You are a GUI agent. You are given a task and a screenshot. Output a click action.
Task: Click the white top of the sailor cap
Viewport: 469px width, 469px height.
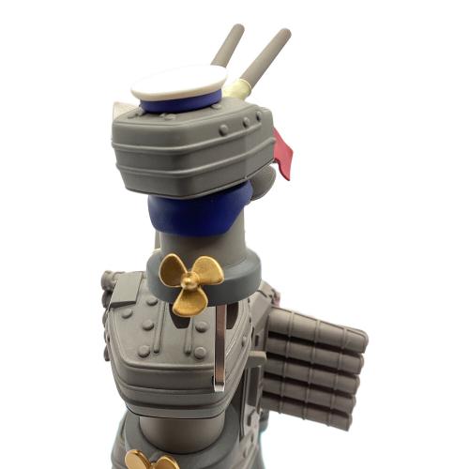178,83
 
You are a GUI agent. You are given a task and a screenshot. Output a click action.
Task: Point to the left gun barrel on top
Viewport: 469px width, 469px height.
228,45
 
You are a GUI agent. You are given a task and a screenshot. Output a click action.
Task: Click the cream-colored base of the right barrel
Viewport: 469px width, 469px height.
238,88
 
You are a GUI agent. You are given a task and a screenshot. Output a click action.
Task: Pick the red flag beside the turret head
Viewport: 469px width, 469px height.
282,153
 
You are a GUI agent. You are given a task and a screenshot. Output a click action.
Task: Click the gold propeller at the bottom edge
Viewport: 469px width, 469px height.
150,460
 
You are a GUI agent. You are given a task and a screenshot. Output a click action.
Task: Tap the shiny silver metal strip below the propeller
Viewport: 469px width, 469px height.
219,347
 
